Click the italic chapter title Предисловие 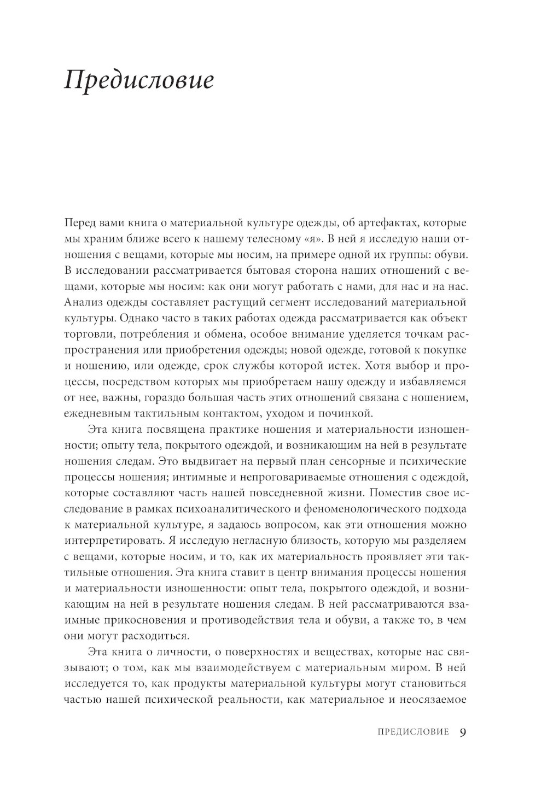pos(139,80)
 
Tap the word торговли pos(86,334)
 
